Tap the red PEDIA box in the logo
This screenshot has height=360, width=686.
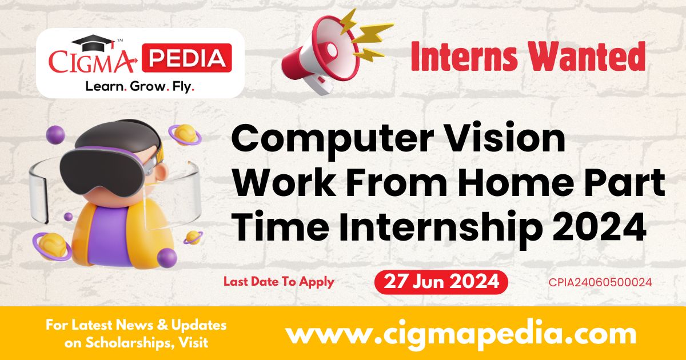187,58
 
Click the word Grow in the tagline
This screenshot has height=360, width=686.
147,87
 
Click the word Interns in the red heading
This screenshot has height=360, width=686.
464,57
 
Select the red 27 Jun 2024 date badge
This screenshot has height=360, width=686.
441,282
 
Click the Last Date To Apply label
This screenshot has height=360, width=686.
279,282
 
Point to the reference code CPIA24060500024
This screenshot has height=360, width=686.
600,282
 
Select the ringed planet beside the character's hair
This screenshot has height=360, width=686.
185,134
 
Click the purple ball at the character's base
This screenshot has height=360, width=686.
167,258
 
